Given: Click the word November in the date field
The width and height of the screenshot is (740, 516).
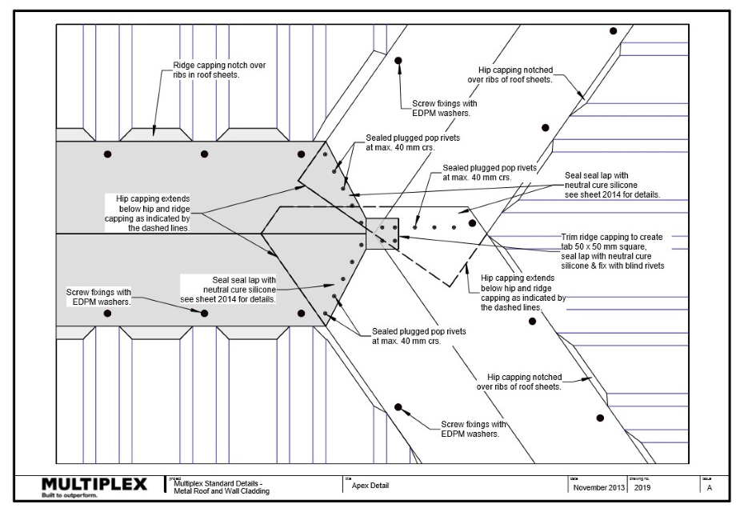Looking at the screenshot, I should coord(588,487).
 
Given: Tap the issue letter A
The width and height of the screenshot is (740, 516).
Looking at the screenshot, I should coord(710,487).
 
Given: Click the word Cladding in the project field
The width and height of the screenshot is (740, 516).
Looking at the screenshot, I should coord(253,490).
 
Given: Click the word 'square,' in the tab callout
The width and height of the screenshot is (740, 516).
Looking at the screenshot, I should coord(638,247).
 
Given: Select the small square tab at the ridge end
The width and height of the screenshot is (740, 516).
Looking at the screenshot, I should coord(382,234).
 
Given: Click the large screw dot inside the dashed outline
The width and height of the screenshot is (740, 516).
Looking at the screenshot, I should coord(473,223).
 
